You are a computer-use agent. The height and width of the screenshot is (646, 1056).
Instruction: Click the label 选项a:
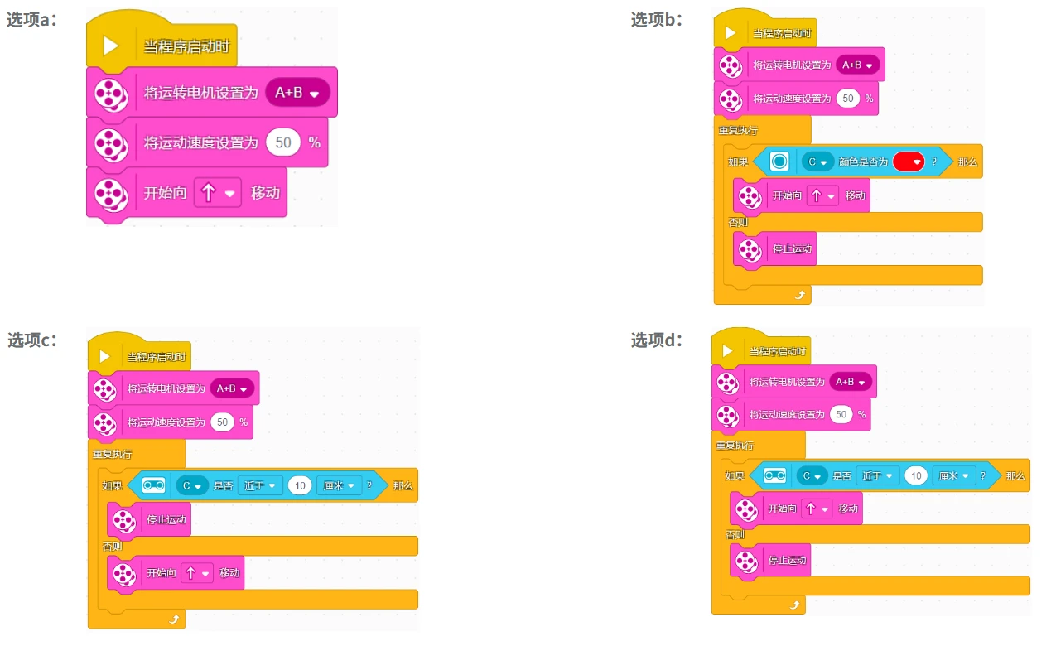(31, 20)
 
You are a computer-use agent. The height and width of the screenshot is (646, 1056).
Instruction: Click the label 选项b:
(657, 20)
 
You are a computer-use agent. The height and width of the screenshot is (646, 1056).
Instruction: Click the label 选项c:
(32, 340)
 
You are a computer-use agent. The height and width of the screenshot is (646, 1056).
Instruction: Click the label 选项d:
(657, 340)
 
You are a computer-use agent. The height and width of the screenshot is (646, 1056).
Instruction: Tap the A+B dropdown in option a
(297, 93)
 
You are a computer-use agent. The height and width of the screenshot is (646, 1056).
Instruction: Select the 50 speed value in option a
(283, 142)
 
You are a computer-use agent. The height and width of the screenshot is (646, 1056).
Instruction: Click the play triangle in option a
(110, 46)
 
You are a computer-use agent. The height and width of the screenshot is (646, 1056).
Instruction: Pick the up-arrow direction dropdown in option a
(217, 193)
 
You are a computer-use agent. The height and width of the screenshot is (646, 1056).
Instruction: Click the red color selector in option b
(909, 162)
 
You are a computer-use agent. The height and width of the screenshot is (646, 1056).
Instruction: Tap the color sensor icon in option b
(779, 161)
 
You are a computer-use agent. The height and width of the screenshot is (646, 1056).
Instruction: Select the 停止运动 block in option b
(775, 249)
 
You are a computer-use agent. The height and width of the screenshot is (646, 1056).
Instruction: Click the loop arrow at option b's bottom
(800, 296)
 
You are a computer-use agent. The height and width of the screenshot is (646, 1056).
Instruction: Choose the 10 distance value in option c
(300, 485)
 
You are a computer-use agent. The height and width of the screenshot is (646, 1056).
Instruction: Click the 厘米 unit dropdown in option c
(339, 485)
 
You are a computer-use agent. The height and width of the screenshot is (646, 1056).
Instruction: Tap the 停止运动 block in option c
(149, 520)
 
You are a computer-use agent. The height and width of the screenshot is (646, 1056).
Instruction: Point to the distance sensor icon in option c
(154, 485)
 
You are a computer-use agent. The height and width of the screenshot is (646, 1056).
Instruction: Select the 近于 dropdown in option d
(877, 476)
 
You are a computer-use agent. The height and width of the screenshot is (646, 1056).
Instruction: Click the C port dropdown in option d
(812, 476)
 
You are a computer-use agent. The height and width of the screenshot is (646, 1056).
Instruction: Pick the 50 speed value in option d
(841, 415)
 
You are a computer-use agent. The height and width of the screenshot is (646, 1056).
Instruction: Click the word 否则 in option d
(735, 534)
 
